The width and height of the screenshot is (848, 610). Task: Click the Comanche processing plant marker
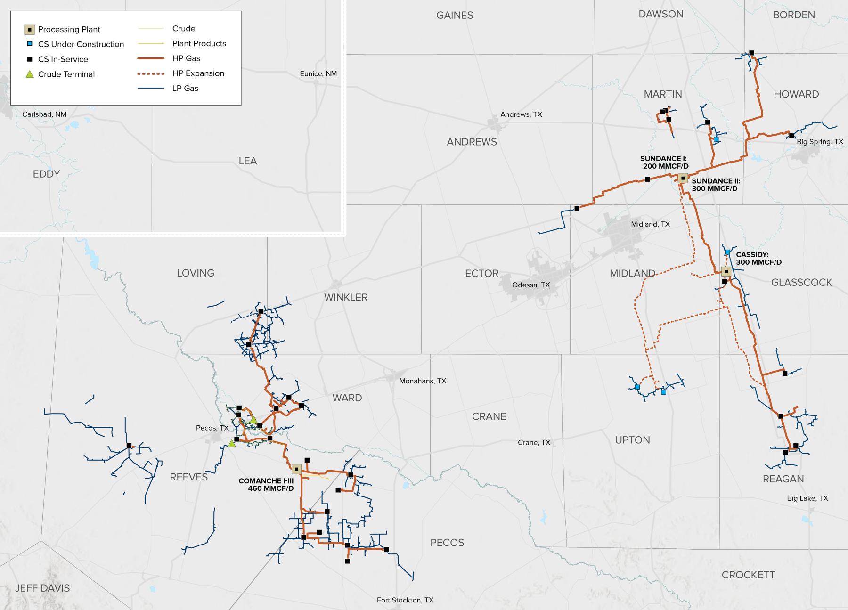point(296,469)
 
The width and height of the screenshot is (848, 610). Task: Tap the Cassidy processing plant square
point(726,271)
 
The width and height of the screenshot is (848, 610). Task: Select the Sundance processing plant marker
point(683,178)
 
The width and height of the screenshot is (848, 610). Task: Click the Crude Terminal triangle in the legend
point(30,74)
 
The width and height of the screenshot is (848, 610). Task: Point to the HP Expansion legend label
point(198,73)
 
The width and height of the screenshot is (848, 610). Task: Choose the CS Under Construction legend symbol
point(30,44)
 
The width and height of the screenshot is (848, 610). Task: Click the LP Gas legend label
point(185,89)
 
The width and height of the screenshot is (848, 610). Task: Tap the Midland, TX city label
point(650,224)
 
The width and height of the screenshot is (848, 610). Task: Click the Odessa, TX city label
point(531,285)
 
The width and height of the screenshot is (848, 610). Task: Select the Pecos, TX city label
point(212,428)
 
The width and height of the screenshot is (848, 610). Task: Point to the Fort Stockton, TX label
point(405,600)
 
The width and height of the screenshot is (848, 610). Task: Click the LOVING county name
point(196,273)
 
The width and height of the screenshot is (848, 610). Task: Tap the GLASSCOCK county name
point(801,282)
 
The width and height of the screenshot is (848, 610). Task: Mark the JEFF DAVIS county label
point(42,588)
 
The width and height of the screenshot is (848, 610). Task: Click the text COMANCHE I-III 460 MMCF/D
point(266,485)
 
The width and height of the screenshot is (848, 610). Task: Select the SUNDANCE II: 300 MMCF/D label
point(716,185)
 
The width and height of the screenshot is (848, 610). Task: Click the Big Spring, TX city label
point(819,142)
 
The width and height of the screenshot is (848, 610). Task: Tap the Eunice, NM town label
point(318,74)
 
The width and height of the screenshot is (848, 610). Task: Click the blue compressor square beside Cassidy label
point(727,252)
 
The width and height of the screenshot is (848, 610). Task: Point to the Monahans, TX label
point(422,381)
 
